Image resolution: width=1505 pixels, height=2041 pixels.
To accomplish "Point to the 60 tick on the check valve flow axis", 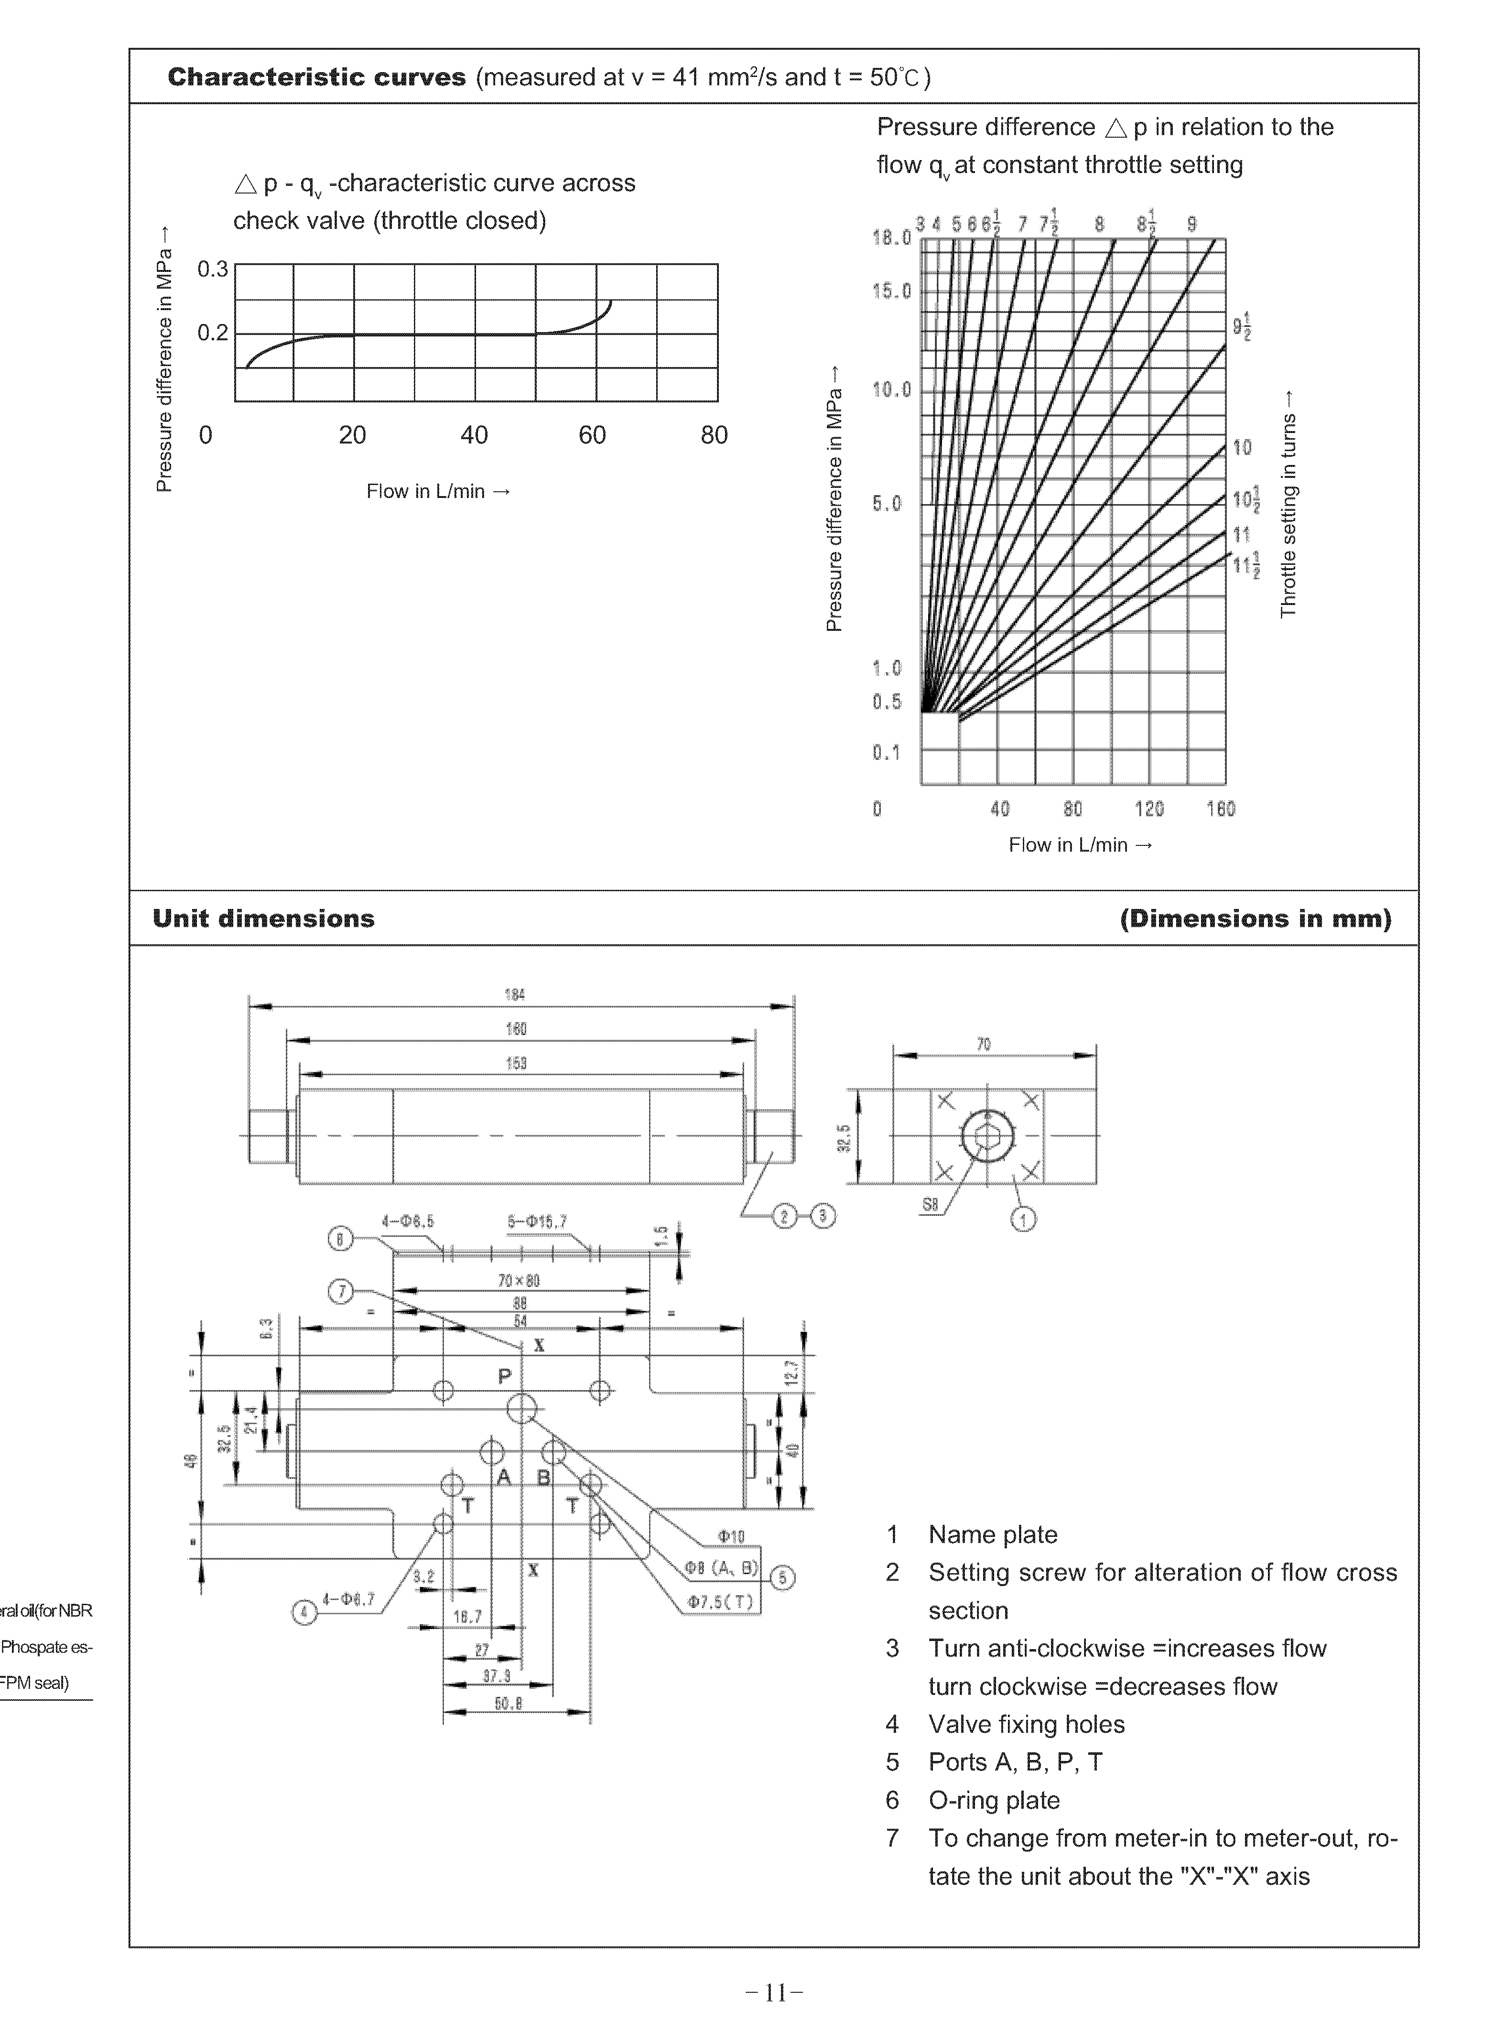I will (592, 435).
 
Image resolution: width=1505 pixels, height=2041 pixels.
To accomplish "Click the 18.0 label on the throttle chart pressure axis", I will (890, 238).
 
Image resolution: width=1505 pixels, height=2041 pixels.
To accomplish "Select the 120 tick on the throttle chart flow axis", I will (1149, 809).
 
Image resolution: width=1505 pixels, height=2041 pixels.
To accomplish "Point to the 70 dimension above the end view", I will (984, 1045).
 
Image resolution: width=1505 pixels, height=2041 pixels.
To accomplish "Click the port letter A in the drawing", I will (504, 1477).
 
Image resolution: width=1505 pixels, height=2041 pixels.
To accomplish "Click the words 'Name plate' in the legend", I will (993, 1534).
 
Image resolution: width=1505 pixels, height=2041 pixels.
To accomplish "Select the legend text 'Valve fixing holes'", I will (1027, 1724).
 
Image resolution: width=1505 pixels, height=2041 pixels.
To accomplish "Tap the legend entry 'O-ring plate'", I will (994, 1801).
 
